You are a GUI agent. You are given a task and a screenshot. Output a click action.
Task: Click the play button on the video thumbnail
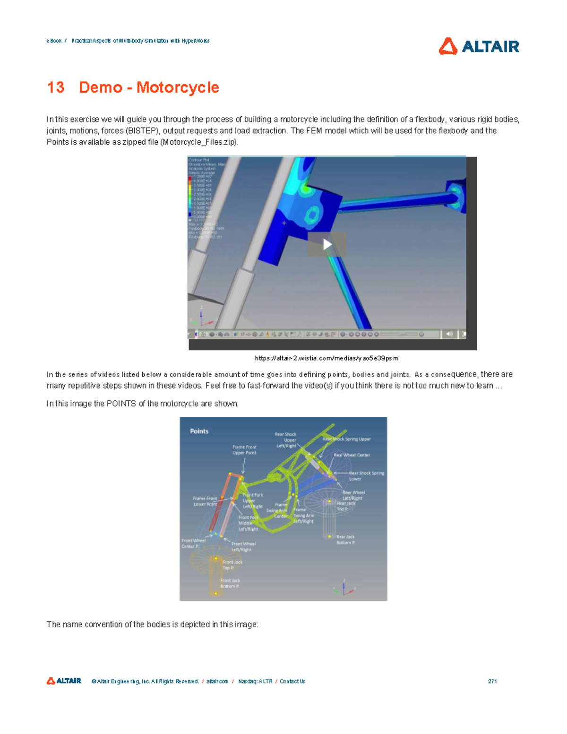click(327, 244)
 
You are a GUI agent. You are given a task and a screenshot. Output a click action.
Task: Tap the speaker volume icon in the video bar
click(449, 334)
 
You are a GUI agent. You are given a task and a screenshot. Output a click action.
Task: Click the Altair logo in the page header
click(479, 46)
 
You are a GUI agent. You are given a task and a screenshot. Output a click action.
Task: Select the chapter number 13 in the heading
click(56, 87)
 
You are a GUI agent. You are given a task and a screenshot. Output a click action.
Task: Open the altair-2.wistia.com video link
click(326, 358)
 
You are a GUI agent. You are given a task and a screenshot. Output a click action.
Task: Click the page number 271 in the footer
click(492, 681)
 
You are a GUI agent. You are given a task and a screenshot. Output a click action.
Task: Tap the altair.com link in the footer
click(217, 681)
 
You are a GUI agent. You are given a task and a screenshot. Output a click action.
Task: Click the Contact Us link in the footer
click(292, 681)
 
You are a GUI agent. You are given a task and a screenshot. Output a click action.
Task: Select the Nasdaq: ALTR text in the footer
click(255, 681)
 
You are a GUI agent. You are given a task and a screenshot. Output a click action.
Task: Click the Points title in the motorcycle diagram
click(199, 431)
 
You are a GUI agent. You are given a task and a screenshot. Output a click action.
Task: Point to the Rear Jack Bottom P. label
click(345, 540)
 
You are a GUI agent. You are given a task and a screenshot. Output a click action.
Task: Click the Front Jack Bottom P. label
click(230, 583)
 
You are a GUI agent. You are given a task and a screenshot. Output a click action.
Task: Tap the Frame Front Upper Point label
click(244, 450)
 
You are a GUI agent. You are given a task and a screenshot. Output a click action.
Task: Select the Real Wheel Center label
click(352, 455)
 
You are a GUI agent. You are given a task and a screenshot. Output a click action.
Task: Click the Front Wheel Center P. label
click(193, 544)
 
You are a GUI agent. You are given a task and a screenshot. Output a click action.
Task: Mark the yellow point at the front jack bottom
click(216, 593)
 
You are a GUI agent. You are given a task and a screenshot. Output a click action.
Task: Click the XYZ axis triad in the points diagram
click(344, 587)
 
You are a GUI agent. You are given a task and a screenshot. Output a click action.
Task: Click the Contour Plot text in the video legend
click(199, 160)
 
